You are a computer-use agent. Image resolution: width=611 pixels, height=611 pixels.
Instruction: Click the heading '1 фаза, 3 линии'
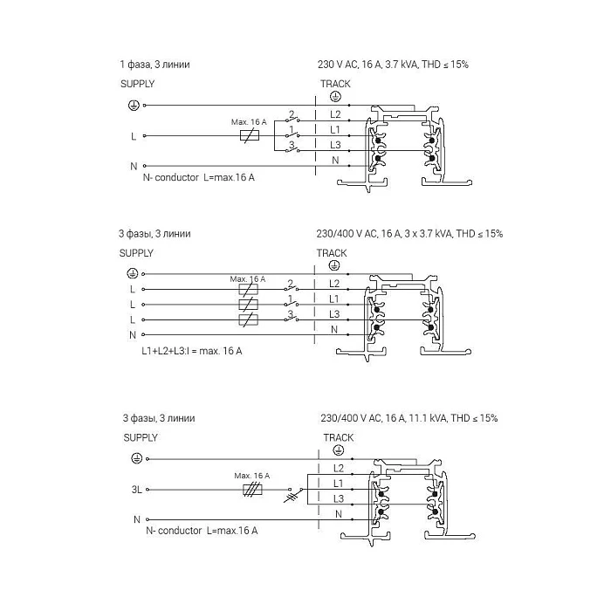point(154,65)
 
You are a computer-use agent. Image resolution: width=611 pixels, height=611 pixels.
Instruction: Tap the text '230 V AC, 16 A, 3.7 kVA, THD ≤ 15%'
point(394,65)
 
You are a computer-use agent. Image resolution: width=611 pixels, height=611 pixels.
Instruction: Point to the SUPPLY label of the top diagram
point(137,84)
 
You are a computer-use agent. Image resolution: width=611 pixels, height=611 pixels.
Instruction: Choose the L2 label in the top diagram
point(335,114)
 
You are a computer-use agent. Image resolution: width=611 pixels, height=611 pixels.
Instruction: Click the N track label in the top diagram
point(335,161)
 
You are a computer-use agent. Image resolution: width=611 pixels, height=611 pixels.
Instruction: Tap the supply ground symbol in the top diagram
point(132,105)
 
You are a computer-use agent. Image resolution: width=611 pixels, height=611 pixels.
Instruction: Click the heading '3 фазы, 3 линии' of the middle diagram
point(154,234)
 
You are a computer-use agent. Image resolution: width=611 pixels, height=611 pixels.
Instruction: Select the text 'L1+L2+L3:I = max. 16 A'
point(191,351)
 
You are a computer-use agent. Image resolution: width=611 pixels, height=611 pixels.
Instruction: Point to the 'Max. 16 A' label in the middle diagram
point(248,279)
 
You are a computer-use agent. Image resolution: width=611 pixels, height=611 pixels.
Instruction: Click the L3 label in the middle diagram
point(333,314)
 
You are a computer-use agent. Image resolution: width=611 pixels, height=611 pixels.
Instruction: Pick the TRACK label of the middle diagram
point(332,253)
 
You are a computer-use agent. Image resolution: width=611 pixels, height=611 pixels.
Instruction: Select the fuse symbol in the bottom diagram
point(253,490)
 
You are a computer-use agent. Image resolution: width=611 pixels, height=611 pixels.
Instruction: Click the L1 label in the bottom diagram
point(338,483)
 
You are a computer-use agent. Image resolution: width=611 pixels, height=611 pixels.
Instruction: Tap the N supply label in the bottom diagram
point(136,519)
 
